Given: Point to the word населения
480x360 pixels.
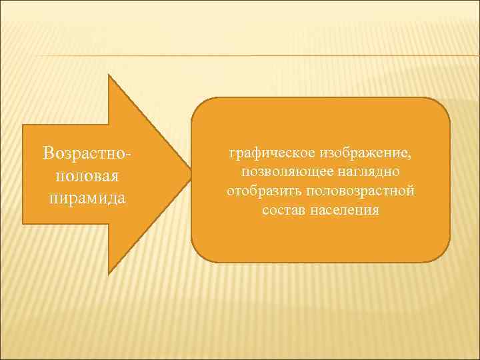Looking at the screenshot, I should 345,210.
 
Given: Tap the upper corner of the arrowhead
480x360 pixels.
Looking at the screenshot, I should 109,75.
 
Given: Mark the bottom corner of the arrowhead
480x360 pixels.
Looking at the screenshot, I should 109,273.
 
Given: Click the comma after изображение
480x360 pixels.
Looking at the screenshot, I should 409,157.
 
